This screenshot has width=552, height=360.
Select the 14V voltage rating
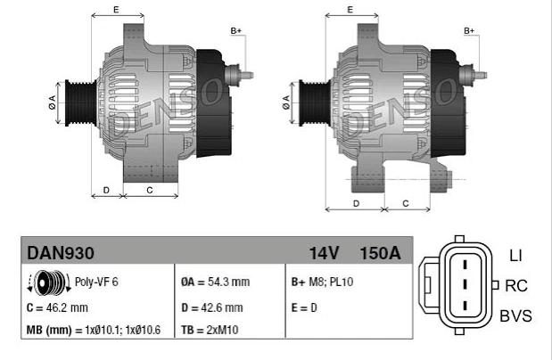tap(323, 252)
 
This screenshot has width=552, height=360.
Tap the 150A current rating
tap(379, 252)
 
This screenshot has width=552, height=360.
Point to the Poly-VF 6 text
tap(96, 282)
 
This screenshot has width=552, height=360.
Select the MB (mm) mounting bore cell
tap(94, 331)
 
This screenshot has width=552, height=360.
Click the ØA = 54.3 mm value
tap(217, 282)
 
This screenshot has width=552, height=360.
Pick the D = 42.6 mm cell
tap(212, 307)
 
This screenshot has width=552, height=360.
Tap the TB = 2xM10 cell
tap(210, 331)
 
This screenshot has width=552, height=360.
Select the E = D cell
tap(304, 307)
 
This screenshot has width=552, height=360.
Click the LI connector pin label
tap(515, 256)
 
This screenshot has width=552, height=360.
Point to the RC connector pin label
tap(516, 285)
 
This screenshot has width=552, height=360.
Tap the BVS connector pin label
tap(516, 315)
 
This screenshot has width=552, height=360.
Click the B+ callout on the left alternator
tap(236, 31)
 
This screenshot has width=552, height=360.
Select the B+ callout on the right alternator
tap(469, 31)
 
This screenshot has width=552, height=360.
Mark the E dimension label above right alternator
tap(350, 9)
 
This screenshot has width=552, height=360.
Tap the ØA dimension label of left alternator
tap(52, 99)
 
